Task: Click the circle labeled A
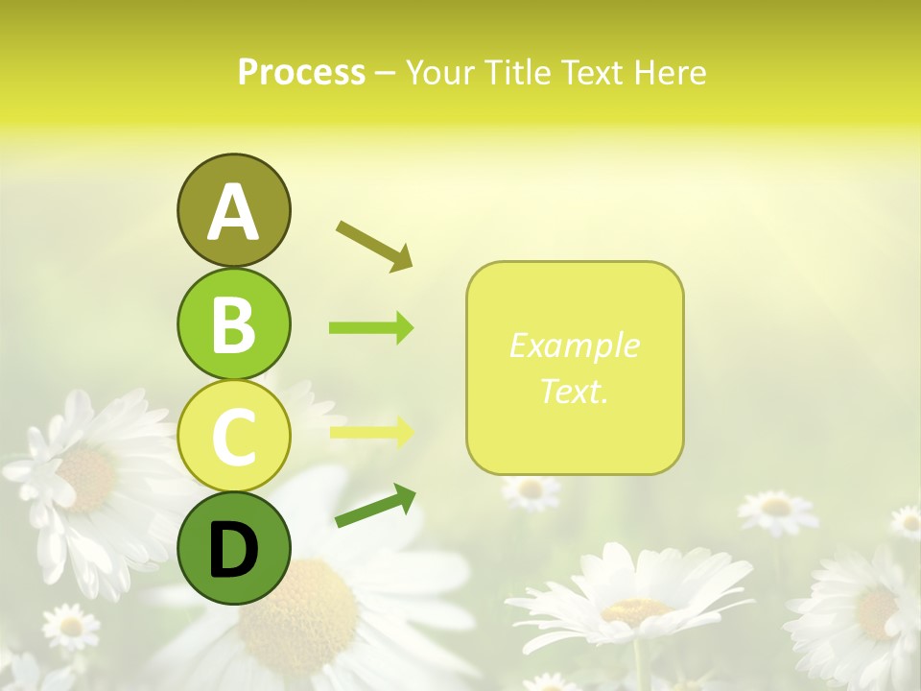click(x=233, y=210)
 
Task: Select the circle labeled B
click(x=233, y=323)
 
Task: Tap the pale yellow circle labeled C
click(x=233, y=435)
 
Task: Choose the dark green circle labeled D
click(x=233, y=548)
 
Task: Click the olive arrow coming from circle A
click(x=374, y=246)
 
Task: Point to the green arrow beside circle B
click(x=371, y=328)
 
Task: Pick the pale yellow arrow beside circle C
click(x=371, y=432)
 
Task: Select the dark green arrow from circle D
click(x=375, y=506)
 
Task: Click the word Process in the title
click(x=301, y=72)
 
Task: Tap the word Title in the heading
click(x=515, y=72)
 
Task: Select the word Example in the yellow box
click(x=574, y=345)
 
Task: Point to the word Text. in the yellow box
click(x=574, y=391)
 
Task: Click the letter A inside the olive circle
click(x=233, y=212)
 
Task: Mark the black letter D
click(x=233, y=550)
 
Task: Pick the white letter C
click(x=233, y=437)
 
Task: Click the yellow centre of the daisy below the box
click(x=635, y=610)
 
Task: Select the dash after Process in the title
click(x=385, y=73)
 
